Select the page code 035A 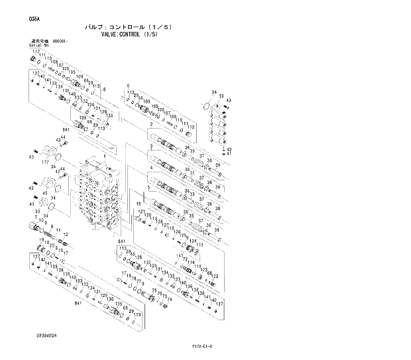click(x=33, y=19)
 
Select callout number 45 click(x=44, y=194)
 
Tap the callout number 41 click(x=229, y=154)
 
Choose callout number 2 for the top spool click(x=151, y=124)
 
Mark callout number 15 click(x=139, y=203)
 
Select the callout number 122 click(x=215, y=275)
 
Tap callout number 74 click(x=170, y=300)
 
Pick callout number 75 click(x=154, y=291)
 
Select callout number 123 click(x=204, y=270)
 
